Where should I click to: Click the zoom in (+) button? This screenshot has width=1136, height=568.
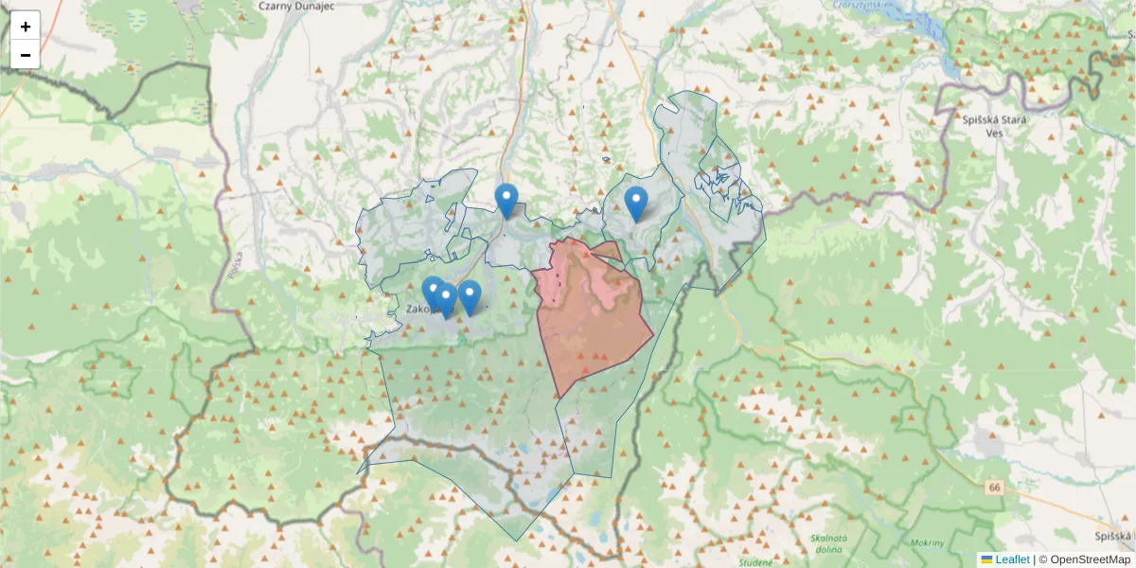pyautogui.click(x=26, y=27)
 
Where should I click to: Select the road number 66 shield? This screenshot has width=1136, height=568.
pyautogui.click(x=993, y=488)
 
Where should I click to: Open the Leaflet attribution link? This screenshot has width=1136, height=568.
pyautogui.click(x=1012, y=559)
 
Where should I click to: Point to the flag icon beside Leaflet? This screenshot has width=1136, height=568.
pyautogui.click(x=986, y=559)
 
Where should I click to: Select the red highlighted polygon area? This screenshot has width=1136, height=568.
pyautogui.click(x=592, y=322)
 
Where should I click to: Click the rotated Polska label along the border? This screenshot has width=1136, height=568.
pyautogui.click(x=235, y=267)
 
